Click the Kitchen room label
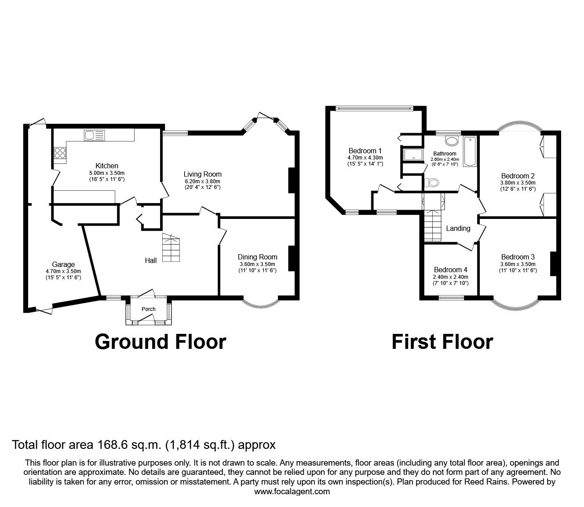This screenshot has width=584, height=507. (107, 166)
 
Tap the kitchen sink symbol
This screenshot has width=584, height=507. (95, 135)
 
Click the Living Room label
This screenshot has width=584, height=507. (202, 174)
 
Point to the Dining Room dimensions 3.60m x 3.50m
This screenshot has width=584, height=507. (257, 264)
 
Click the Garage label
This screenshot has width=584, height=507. (63, 265)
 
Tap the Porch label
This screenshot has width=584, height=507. (148, 309)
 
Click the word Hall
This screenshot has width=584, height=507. (151, 260)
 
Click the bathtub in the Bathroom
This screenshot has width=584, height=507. (470, 152)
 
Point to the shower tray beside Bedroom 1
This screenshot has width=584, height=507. (412, 155)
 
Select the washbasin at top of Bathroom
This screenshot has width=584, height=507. (451, 141)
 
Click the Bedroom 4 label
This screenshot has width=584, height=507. (450, 270)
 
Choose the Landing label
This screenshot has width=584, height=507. (458, 228)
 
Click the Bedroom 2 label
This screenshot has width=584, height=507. (518, 176)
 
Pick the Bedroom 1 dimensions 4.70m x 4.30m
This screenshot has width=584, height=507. (365, 157)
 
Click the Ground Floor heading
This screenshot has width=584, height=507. (161, 342)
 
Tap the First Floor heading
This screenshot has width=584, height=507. (442, 342)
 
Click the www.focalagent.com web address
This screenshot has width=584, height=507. (292, 492)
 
